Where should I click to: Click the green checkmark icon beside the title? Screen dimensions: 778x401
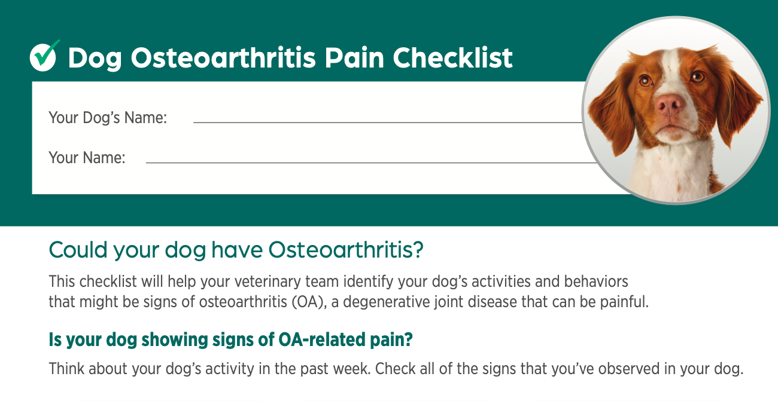44,57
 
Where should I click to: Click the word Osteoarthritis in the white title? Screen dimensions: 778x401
223,57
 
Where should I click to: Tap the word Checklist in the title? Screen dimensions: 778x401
452,57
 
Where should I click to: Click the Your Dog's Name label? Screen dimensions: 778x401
108,118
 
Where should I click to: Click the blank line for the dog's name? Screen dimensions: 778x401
388,123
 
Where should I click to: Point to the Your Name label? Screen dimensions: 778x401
87,158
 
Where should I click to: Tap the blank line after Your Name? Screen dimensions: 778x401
371,163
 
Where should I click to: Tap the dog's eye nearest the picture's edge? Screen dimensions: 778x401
697,76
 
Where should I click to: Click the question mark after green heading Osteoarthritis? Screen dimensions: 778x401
418,250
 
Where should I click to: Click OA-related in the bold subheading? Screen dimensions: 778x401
322,339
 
